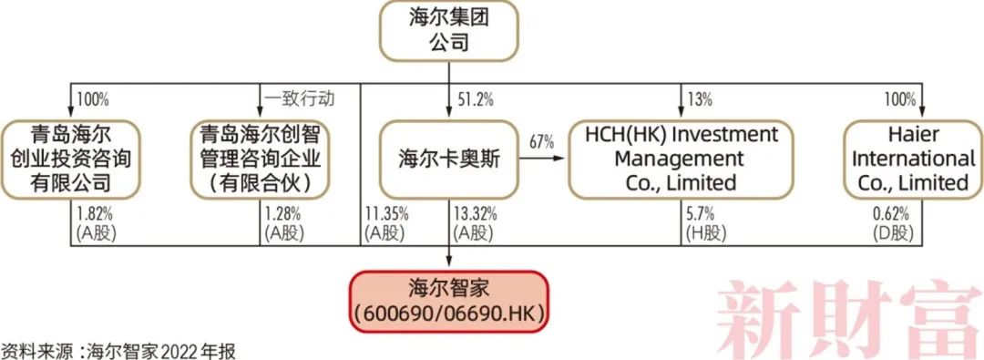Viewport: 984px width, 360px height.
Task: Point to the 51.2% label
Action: click(473, 97)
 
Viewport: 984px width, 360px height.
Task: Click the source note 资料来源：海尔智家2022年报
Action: click(118, 350)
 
